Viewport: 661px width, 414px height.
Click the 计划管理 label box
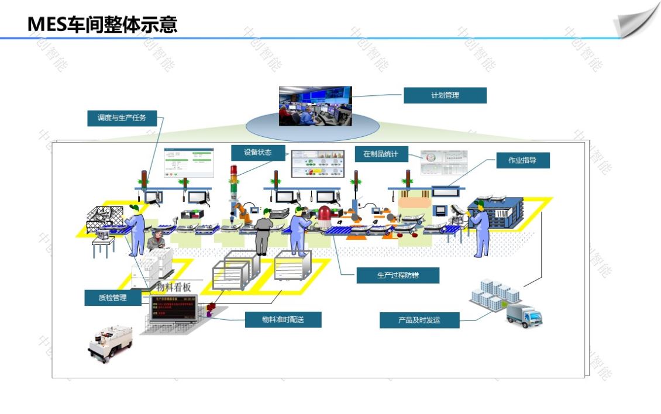[x=445, y=95]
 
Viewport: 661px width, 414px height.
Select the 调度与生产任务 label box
[x=122, y=118]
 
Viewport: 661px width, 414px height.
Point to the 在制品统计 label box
[x=380, y=154]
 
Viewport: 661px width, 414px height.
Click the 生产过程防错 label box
[x=398, y=275]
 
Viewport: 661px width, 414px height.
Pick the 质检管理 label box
[x=113, y=298]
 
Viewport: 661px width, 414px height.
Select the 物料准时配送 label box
[x=283, y=319]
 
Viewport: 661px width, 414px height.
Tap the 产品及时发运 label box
[x=419, y=320]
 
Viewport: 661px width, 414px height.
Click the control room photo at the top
[x=315, y=106]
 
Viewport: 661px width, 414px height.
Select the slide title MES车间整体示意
[x=102, y=25]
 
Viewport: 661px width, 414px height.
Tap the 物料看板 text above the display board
[x=174, y=287]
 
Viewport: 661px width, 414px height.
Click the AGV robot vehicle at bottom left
[x=109, y=343]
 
